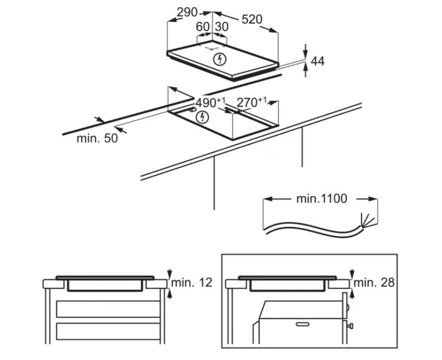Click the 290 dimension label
coord(187,12)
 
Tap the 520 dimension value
coord(252,19)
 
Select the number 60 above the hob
coord(203,27)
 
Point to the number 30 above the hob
coord(222,27)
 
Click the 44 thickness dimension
coord(317,61)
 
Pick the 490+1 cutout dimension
coord(210,103)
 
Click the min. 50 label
coord(97,138)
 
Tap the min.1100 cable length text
coord(321,199)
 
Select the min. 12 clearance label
coord(192,282)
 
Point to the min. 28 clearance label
coord(374,282)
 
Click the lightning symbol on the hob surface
coord(220,59)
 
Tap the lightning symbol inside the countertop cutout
coord(202,117)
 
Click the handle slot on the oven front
coord(302,324)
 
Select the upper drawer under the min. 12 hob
coord(108,309)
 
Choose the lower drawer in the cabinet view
coord(108,331)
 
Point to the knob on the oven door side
coord(350,326)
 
